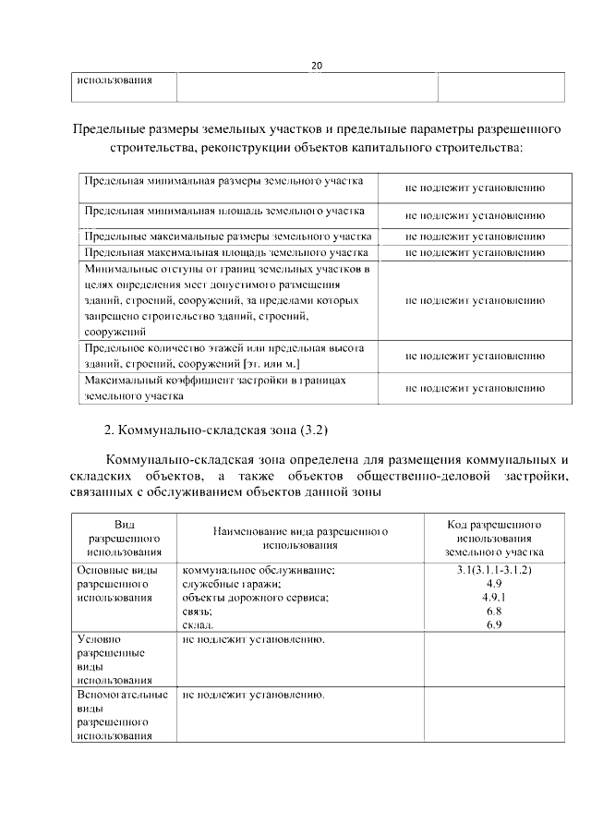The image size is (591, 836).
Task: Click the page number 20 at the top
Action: click(316, 66)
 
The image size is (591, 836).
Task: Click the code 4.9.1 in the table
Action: click(493, 598)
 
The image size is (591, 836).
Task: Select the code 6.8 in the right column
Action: click(493, 612)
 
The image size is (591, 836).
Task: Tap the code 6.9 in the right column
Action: click(493, 625)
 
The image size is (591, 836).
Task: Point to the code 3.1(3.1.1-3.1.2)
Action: click(493, 570)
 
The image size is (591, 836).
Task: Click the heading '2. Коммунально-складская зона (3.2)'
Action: click(216, 430)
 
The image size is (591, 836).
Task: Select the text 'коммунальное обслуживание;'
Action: click(259, 571)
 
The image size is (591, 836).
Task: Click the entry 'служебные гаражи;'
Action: click(232, 585)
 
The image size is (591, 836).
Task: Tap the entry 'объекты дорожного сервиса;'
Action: click(256, 599)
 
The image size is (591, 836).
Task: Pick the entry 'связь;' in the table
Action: click(198, 612)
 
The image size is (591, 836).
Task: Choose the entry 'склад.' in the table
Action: click(199, 626)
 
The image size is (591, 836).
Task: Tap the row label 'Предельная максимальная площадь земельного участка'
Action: click(226, 251)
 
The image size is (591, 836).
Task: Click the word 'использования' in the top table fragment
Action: click(115, 81)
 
